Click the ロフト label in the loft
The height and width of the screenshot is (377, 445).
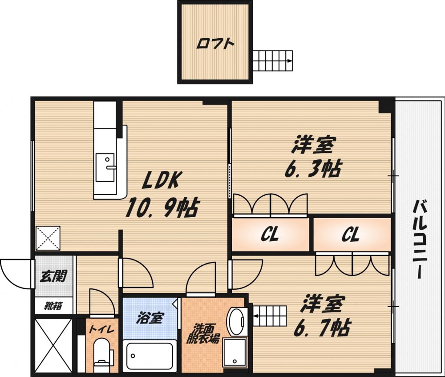pyautogui.click(x=216, y=45)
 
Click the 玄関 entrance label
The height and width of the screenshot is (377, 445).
pyautogui.click(x=53, y=276)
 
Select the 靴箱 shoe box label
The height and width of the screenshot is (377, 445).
pyautogui.click(x=53, y=306)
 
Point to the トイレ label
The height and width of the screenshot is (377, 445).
pyautogui.click(x=102, y=330)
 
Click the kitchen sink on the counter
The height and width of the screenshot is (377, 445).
pyautogui.click(x=105, y=167)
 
